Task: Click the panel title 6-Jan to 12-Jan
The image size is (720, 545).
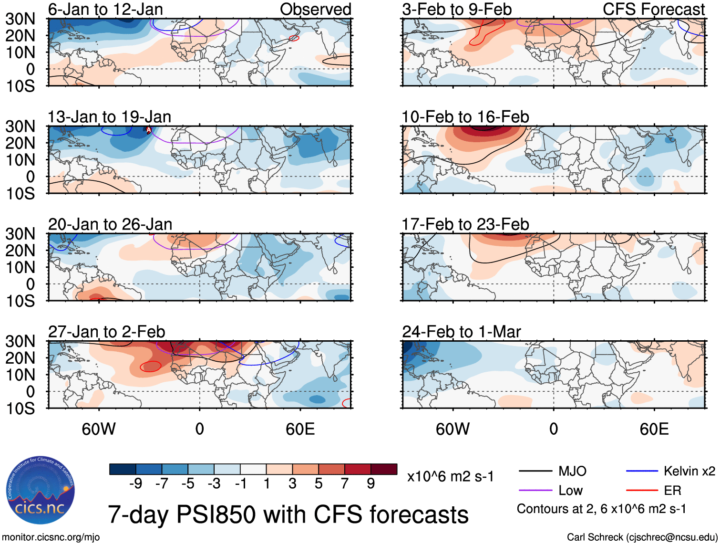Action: pos(105,9)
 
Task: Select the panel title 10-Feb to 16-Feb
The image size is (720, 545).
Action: pos(465,117)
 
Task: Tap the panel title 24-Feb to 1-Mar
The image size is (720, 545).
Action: pos(461,332)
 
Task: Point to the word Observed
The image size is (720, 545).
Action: pos(315,9)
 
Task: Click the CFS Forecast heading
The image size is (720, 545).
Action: pos(653,9)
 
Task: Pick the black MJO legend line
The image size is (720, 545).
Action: pos(535,472)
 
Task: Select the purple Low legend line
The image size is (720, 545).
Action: pos(535,491)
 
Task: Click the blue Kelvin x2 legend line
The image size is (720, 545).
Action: pos(642,472)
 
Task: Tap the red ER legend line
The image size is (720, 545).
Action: pos(642,491)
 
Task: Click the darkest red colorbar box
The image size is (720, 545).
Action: pos(384,469)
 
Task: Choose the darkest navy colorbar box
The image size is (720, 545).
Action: pos(123,469)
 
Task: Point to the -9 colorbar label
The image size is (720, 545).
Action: pos(135,484)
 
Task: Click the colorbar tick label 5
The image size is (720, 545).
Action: pos(319,484)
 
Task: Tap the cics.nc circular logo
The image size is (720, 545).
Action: pos(41,490)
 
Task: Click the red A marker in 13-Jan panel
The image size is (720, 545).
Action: pos(148,130)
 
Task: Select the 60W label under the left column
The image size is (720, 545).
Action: pos(99,429)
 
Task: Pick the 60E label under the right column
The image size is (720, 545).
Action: pos(654,429)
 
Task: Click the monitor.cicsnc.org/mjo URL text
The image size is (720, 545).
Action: pos(51,537)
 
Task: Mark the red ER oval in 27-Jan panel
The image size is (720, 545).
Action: pos(151,367)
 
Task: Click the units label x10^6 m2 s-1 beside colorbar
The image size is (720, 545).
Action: pos(450,476)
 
